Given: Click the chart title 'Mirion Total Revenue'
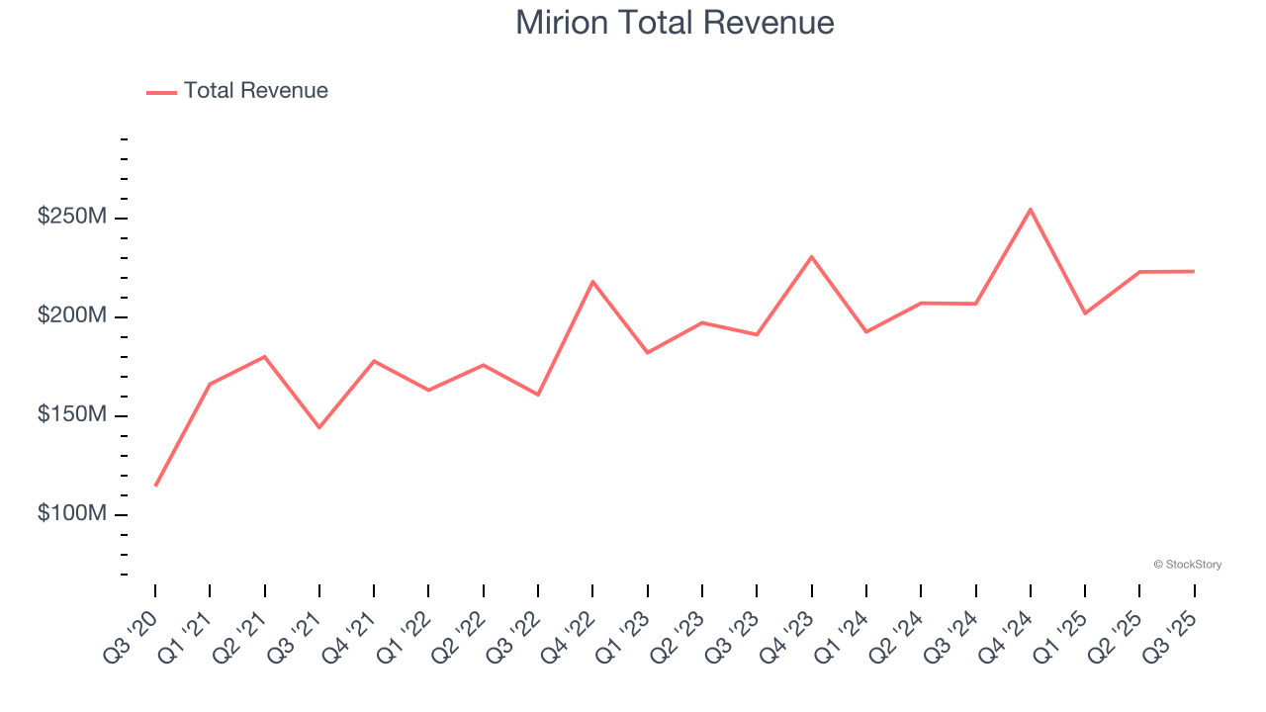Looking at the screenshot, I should (675, 23).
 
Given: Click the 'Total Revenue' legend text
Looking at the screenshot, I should (255, 91).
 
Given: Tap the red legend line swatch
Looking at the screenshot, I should (161, 92).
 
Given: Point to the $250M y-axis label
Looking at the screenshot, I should (71, 217).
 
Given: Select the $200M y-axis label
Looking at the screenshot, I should (71, 315).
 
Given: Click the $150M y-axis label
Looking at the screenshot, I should (71, 414).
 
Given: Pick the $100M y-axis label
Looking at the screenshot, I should (71, 513).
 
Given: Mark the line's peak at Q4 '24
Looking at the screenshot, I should (1031, 210).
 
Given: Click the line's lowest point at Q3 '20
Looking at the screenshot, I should (155, 486).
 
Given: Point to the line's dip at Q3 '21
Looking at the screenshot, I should (319, 427).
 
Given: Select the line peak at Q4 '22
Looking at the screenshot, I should (592, 282).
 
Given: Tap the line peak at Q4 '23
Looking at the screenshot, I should (811, 257).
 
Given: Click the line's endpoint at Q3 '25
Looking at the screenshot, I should (1194, 271).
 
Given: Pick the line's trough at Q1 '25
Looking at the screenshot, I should (1085, 313).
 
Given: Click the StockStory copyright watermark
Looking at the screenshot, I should (1187, 565).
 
